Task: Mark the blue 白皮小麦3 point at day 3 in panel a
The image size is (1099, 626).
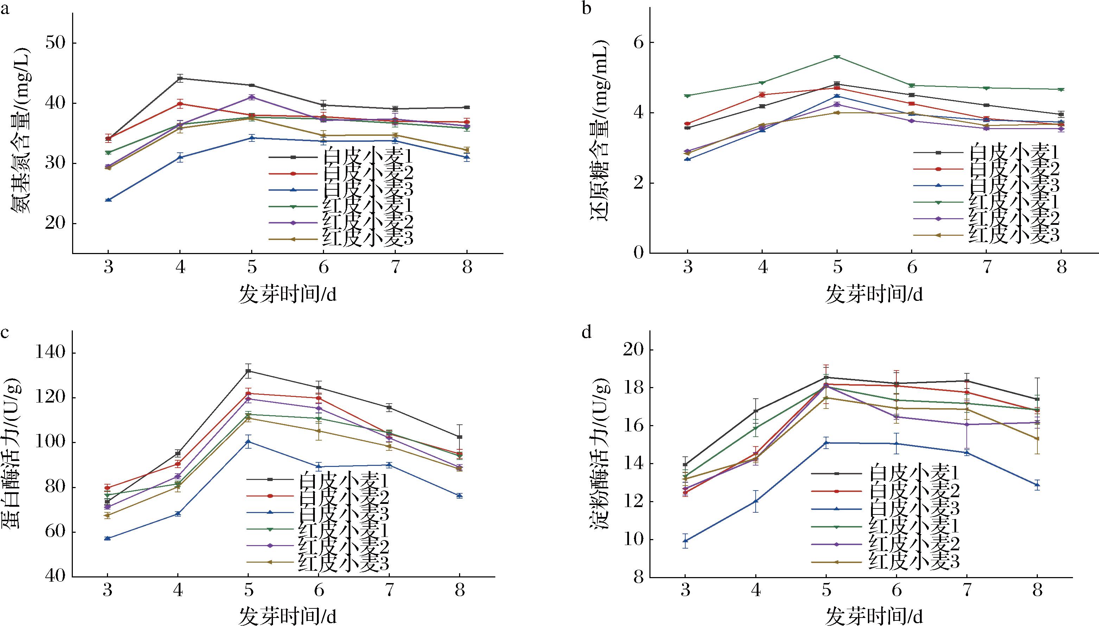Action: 108,200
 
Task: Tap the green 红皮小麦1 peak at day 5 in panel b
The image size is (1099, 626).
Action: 837,57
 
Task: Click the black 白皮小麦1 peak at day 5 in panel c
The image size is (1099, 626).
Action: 248,371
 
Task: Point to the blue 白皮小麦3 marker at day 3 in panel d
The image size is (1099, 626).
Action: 686,541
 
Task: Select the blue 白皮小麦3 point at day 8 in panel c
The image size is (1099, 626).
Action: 459,495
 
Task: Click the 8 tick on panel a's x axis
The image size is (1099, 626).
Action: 467,268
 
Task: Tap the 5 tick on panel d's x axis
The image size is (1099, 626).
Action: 826,590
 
